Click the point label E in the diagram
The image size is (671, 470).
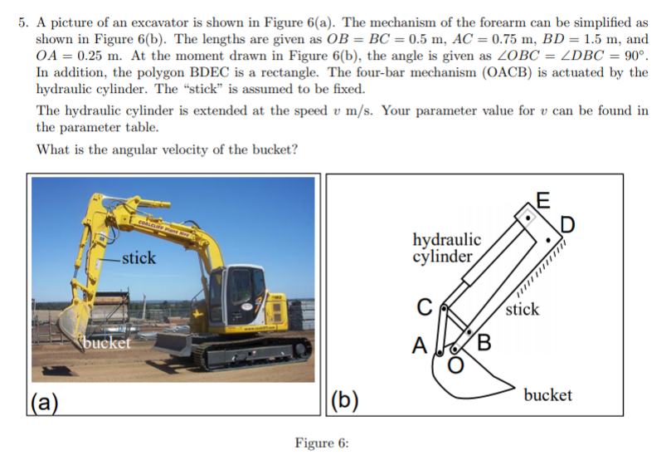coord(542,199)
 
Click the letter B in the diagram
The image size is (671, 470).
coord(484,342)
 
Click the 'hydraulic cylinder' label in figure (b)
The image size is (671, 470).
coord(446,247)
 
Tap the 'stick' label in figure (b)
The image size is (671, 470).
coord(523,310)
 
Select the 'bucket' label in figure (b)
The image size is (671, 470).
coord(547,394)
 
